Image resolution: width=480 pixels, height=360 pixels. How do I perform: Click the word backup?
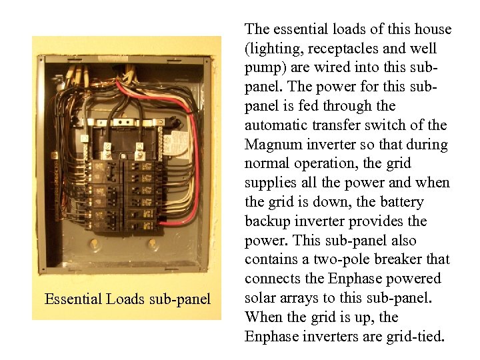(267, 221)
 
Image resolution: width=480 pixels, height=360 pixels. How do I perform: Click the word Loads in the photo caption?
(127, 299)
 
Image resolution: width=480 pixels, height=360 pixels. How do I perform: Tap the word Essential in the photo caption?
(73, 299)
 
